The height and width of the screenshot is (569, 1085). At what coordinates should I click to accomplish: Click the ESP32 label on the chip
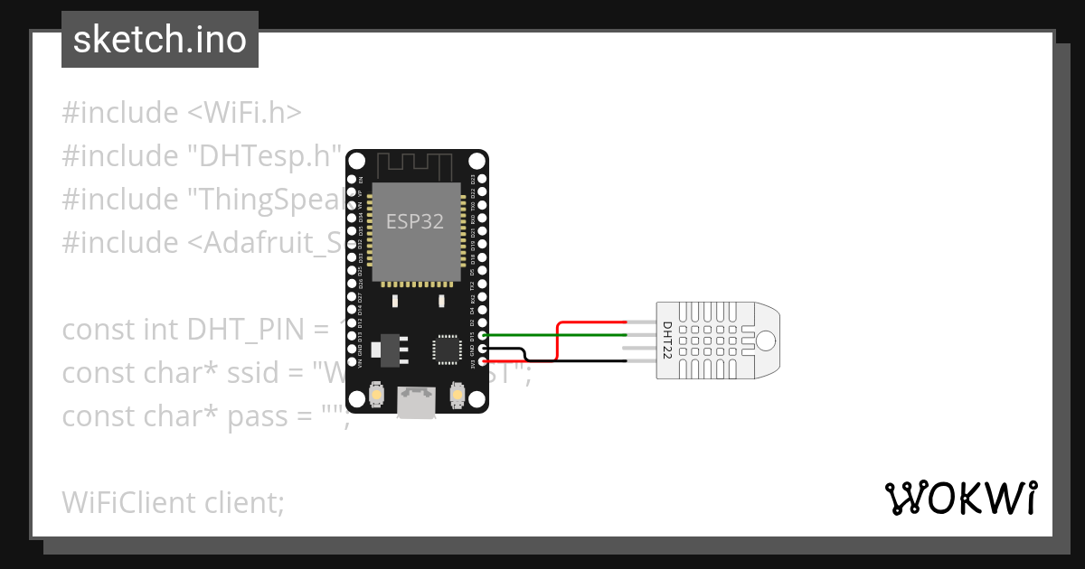coord(415,221)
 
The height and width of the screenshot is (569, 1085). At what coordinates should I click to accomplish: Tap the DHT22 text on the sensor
coord(667,341)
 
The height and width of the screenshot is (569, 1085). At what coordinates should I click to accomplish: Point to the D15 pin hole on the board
coord(483,335)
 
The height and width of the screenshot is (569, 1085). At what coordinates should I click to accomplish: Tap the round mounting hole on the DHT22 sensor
coord(766,340)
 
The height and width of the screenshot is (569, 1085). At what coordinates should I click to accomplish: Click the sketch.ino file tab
coord(160,40)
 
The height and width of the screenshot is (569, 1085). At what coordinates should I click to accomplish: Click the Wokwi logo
coord(960,498)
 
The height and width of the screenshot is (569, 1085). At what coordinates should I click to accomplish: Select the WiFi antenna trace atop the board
coord(414,166)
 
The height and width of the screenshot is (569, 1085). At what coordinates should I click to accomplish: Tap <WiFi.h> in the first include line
coord(244,113)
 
